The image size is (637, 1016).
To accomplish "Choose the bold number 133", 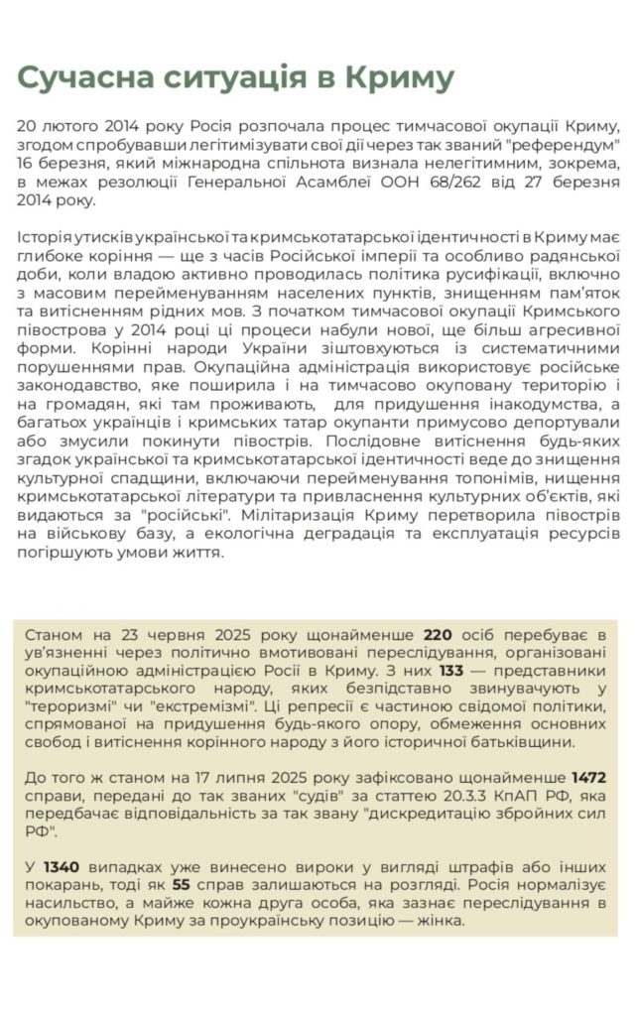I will (451, 670).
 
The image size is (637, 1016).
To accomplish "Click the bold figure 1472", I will (589, 777).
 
